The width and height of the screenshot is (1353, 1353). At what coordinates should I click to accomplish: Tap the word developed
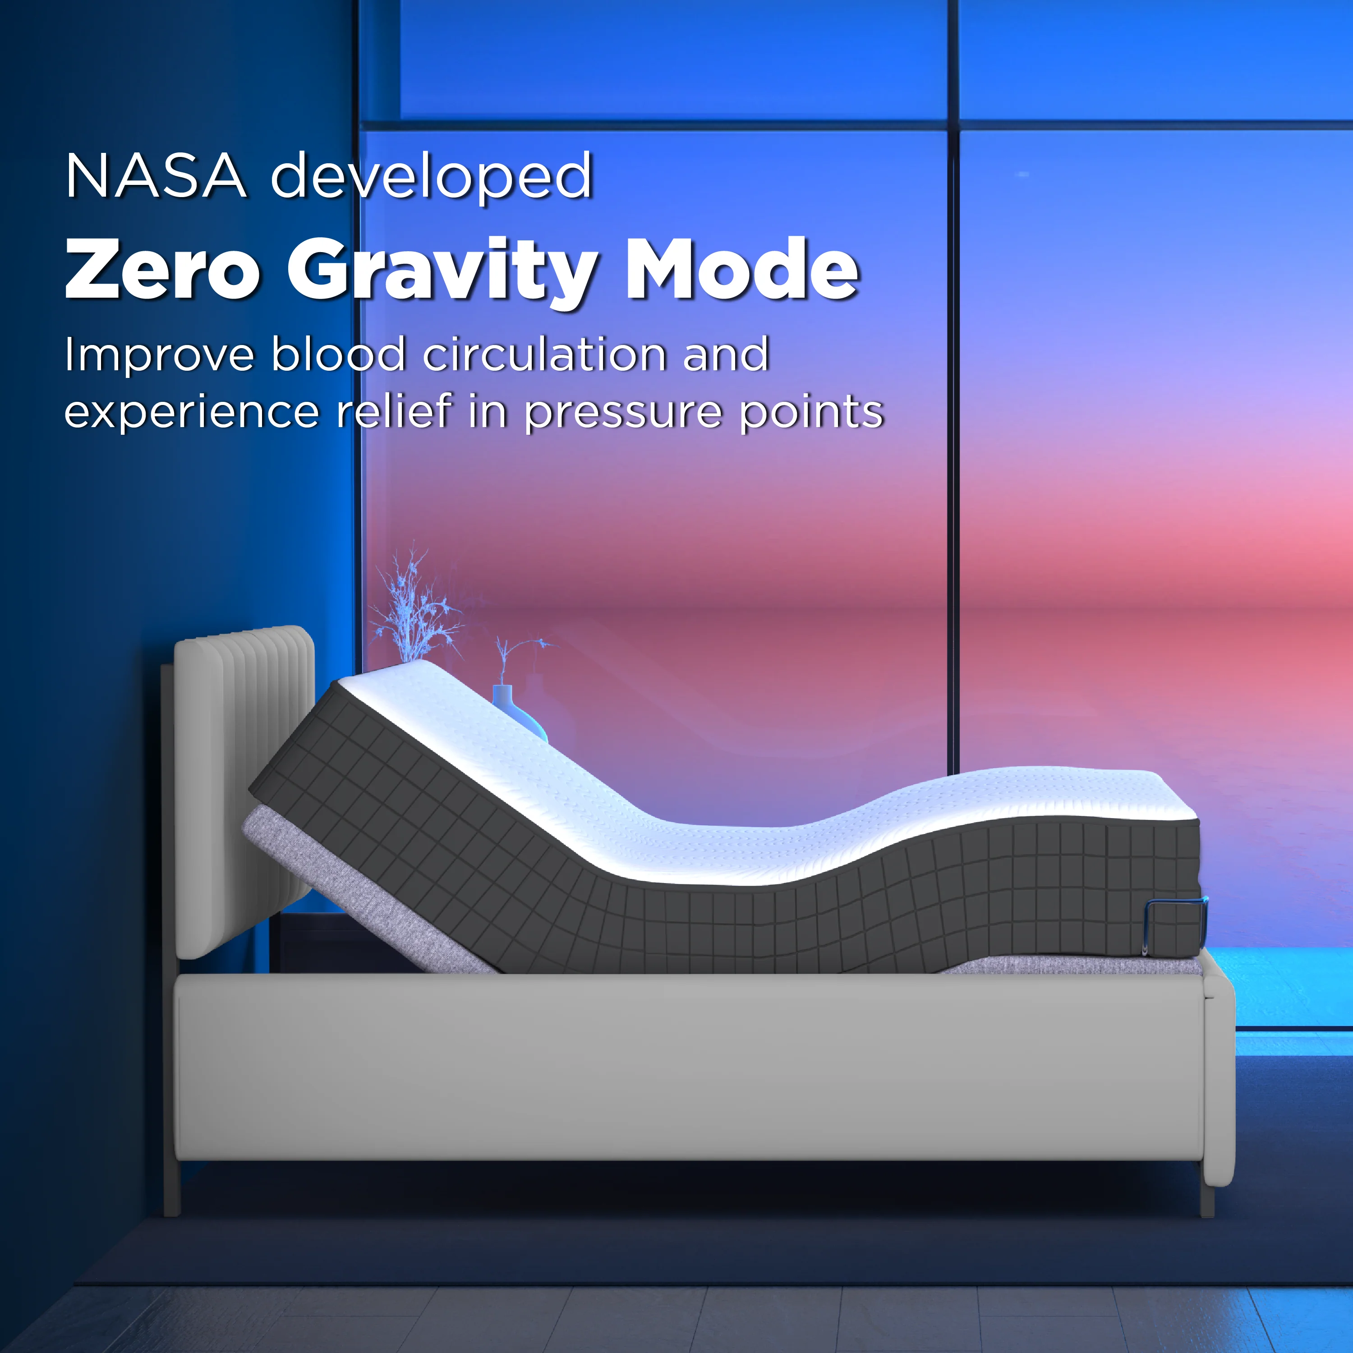432,176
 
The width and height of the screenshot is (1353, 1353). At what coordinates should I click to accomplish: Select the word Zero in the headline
162,270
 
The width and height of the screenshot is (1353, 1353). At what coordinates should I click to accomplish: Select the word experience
191,413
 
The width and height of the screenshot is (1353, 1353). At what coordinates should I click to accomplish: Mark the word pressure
622,413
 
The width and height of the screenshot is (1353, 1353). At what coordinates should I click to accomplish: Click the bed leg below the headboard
171,1191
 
